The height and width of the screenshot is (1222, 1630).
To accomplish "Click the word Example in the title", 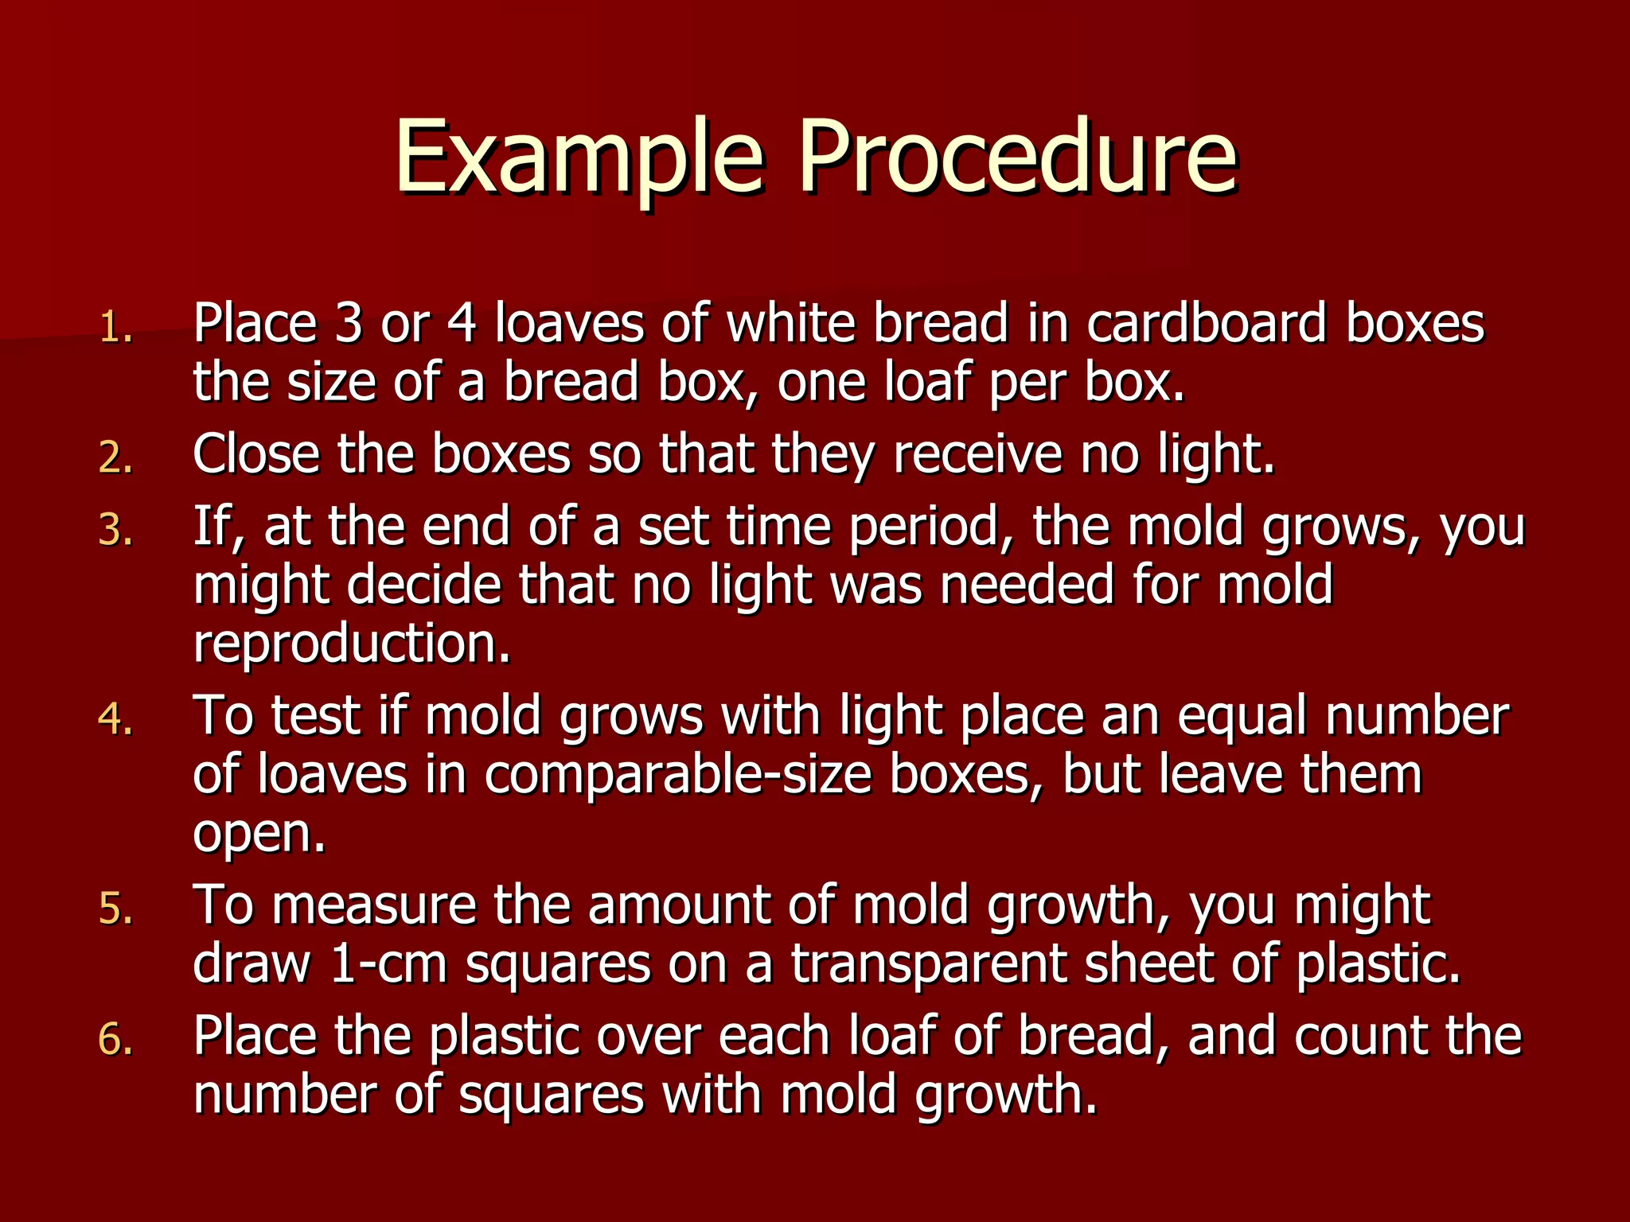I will click(x=579, y=157).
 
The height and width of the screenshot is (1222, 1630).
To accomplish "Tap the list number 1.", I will click(x=115, y=327).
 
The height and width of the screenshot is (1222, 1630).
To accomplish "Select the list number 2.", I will click(x=115, y=458).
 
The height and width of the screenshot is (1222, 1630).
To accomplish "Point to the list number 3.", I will click(x=115, y=531).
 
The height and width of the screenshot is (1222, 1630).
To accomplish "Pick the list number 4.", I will click(x=115, y=719).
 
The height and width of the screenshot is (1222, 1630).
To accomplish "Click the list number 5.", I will click(x=115, y=909).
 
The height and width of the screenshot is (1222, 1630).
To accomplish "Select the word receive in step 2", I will click(x=977, y=455).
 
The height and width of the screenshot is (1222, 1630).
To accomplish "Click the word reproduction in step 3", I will click(x=351, y=644).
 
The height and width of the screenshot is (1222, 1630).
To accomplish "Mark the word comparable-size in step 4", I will click(x=678, y=775).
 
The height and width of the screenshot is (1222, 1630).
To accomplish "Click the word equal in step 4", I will click(x=1242, y=716).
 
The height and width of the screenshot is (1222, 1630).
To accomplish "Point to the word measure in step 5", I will click(x=374, y=906).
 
